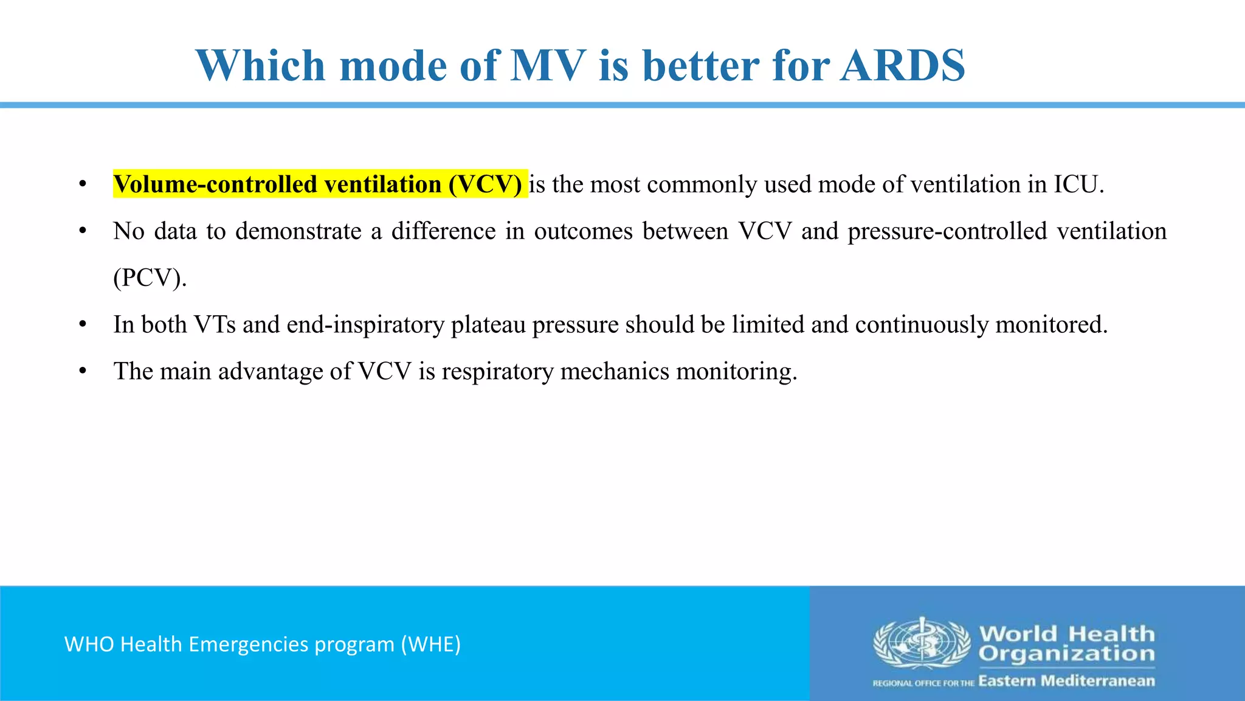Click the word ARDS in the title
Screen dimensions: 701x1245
click(903, 65)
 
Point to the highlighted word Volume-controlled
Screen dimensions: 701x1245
click(215, 184)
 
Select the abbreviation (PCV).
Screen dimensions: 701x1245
click(150, 278)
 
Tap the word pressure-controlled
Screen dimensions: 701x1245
click(947, 231)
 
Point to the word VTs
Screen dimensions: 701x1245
click(215, 324)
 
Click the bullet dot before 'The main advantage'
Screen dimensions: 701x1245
click(83, 371)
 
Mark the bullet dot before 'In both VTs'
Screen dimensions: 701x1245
click(83, 324)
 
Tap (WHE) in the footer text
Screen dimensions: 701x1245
click(430, 644)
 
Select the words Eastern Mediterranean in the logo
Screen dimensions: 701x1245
click(1066, 681)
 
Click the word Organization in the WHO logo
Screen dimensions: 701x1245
click(1066, 654)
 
